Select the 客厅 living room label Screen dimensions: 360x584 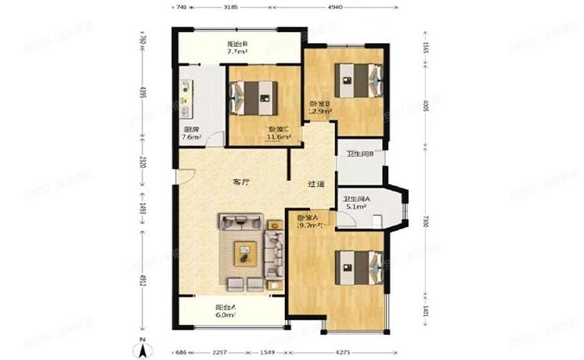point(241,182)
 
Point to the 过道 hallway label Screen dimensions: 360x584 point(315,185)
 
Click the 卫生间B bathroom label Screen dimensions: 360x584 point(360,153)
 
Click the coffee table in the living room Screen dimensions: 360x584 point(247,253)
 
